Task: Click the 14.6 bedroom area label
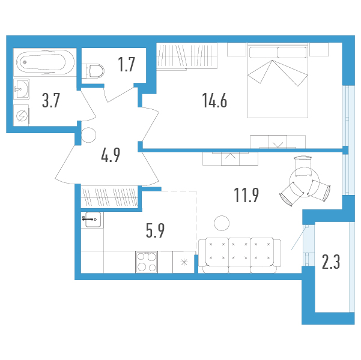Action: tap(214, 100)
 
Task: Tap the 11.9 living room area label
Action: tap(246, 195)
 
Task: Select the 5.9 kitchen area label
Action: tap(155, 230)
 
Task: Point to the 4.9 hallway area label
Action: tap(111, 155)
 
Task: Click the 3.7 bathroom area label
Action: tap(51, 100)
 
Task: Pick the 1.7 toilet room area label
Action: tap(126, 65)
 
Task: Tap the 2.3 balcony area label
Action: tap(331, 262)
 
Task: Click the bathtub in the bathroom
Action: tap(44, 62)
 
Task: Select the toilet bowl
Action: tap(93, 71)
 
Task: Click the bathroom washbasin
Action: tap(21, 89)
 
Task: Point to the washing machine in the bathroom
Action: tap(21, 116)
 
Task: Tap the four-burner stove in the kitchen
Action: tap(147, 262)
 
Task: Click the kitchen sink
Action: tap(93, 220)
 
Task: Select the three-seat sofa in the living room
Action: tap(240, 256)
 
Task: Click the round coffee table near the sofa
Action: tap(222, 223)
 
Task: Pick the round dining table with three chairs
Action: tap(305, 182)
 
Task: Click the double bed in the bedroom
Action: tap(278, 80)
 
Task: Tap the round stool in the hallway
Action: tap(89, 135)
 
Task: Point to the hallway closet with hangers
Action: tap(109, 197)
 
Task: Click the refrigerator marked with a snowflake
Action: tap(184, 262)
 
